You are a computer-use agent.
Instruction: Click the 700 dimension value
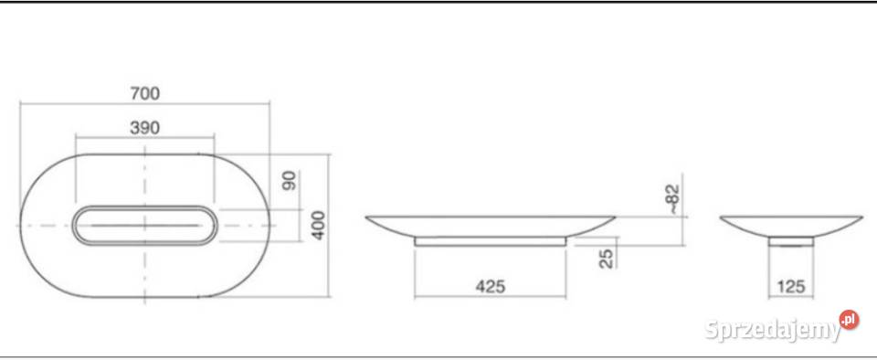pyautogui.click(x=145, y=93)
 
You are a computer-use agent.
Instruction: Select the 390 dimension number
pyautogui.click(x=145, y=128)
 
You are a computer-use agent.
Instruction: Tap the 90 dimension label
pyautogui.click(x=290, y=180)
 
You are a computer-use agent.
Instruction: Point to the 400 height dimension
pyautogui.click(x=318, y=225)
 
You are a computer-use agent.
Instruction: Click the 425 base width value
pyautogui.click(x=491, y=286)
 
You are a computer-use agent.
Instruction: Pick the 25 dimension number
pyautogui.click(x=607, y=259)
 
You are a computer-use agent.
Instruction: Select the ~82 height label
pyautogui.click(x=673, y=199)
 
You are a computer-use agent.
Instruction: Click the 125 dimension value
pyautogui.click(x=791, y=287)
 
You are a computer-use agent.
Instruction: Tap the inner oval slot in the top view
pyautogui.click(x=145, y=207)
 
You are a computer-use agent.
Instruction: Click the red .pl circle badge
pyautogui.click(x=849, y=320)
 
